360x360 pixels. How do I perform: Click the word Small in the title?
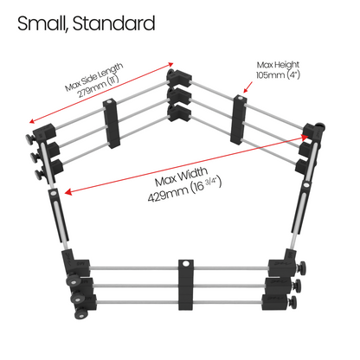[x=42, y=23]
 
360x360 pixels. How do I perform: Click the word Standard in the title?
[x=113, y=23]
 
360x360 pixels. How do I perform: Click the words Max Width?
[x=181, y=177]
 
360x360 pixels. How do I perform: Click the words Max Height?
[x=278, y=65]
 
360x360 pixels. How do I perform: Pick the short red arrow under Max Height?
[x=247, y=87]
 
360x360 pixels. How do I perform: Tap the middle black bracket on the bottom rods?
[x=186, y=285]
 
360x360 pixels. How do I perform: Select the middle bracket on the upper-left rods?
[x=112, y=124]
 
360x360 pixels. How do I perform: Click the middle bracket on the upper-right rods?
[x=239, y=119]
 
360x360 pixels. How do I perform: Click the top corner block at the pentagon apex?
[x=179, y=77]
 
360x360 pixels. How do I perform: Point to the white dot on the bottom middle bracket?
[x=186, y=264]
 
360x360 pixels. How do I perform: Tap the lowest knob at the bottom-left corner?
[x=80, y=313]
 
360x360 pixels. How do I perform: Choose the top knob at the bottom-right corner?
[x=302, y=268]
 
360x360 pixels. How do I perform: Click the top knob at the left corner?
[x=30, y=139]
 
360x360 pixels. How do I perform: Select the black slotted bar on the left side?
[x=59, y=215]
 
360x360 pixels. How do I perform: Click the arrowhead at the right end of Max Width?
[x=305, y=137]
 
